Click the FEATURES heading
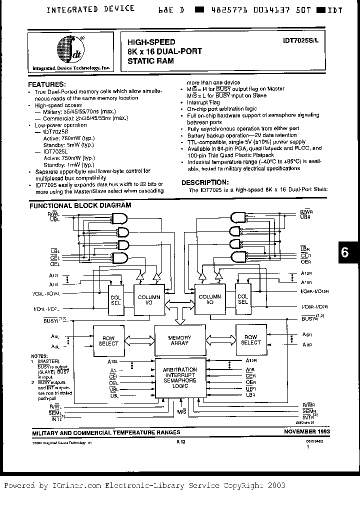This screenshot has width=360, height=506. (46, 84)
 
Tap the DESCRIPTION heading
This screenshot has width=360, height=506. (205, 182)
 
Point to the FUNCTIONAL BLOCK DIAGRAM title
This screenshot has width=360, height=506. (80, 205)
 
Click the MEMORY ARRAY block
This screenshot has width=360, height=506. (179, 340)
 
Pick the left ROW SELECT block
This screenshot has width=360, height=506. (108, 340)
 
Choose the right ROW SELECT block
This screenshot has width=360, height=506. (251, 340)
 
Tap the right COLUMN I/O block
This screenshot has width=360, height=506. (210, 299)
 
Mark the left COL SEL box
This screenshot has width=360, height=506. (116, 299)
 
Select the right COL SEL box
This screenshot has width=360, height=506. (243, 299)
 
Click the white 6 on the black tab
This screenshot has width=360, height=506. (345, 252)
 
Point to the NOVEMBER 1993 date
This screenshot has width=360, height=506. (307, 430)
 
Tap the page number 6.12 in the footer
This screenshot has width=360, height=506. (180, 441)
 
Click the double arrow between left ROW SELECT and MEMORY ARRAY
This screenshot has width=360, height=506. (138, 340)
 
